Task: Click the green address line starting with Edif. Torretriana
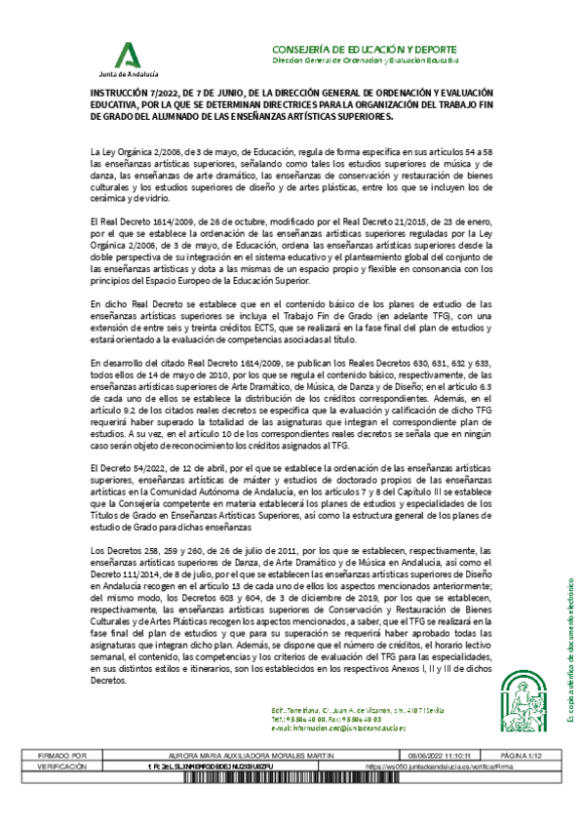346,710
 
